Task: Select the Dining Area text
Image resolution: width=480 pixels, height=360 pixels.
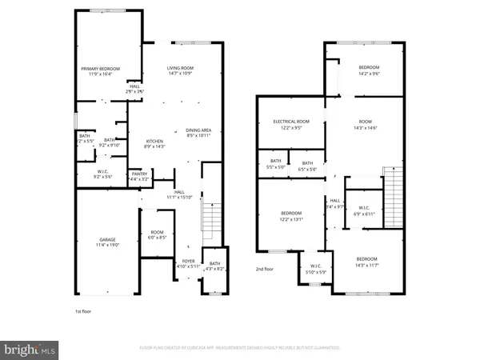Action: click(x=198, y=133)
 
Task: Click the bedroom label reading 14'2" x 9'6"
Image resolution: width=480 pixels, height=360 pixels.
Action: click(x=368, y=70)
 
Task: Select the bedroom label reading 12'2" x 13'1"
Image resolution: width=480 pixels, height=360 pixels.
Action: click(x=290, y=215)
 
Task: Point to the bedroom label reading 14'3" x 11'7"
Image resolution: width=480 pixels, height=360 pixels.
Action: click(x=367, y=262)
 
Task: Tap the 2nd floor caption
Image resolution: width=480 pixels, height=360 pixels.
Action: click(x=266, y=270)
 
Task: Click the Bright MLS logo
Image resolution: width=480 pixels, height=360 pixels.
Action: click(x=30, y=349)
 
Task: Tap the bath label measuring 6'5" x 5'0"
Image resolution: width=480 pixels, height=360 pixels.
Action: click(x=308, y=166)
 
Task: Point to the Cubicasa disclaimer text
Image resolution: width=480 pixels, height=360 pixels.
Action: click(x=240, y=349)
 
